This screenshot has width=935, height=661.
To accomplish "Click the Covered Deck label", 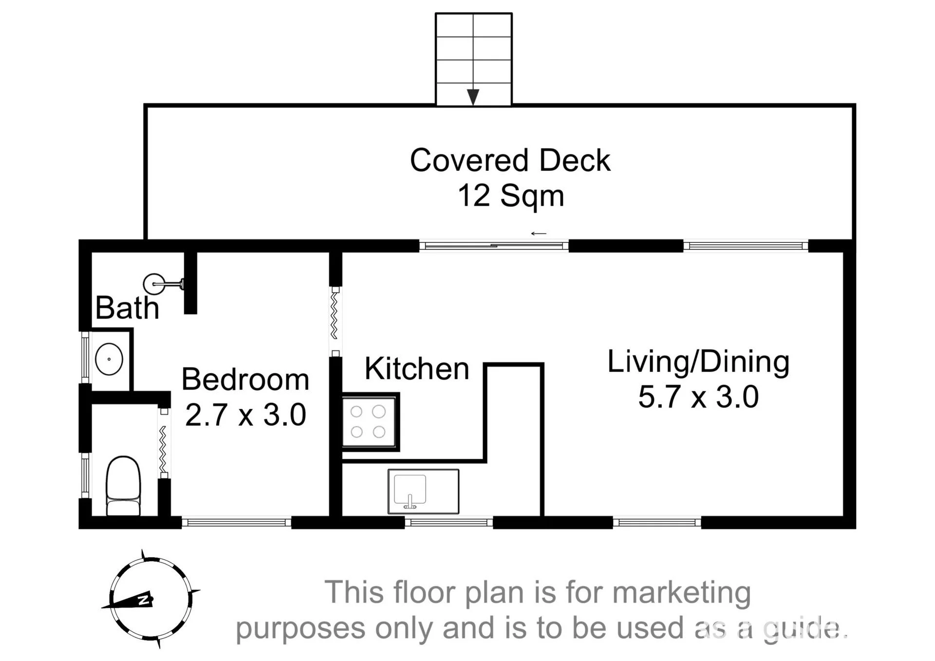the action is click(510, 160).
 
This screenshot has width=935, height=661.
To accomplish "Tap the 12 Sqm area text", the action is click(511, 196).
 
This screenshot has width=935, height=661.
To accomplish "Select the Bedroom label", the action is click(245, 379).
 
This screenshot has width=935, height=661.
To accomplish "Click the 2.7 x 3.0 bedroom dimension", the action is click(245, 415).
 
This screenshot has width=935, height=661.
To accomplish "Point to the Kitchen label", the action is click(417, 368).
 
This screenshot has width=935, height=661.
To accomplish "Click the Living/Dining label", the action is click(698, 362).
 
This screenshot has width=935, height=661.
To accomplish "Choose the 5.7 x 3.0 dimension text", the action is click(698, 396).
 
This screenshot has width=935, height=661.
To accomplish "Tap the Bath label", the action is click(127, 308).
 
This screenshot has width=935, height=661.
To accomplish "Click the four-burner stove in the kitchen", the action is click(370, 422).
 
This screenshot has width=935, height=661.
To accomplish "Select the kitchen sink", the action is click(423, 491).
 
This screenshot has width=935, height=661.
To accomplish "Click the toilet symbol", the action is click(123, 486).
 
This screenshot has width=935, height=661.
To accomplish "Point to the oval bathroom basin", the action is click(109, 359).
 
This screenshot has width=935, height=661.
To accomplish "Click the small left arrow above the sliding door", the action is click(539, 234).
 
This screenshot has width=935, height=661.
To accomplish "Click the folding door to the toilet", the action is click(164, 443).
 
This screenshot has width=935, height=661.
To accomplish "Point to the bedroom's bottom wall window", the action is click(237, 523).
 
